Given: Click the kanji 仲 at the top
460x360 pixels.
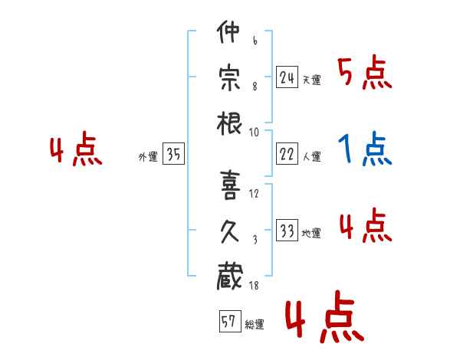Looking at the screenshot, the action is click(x=228, y=31).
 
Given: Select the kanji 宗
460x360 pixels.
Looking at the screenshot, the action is click(x=229, y=77).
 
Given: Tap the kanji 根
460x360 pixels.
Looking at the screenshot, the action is click(x=229, y=124).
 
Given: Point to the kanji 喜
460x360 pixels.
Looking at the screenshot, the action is click(x=230, y=185).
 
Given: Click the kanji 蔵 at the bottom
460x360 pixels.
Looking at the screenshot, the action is click(x=230, y=277).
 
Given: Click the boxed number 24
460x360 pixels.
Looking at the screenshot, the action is click(x=287, y=77).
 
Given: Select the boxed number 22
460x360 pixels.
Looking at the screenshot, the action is click(x=287, y=154).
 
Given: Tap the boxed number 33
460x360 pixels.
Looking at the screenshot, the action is click(x=287, y=230).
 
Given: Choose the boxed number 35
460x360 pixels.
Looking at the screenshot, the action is click(x=173, y=154).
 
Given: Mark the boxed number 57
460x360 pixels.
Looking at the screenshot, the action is click(x=230, y=321).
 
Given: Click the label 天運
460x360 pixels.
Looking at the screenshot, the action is click(x=312, y=80).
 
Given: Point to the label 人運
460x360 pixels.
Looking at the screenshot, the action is click(x=312, y=156).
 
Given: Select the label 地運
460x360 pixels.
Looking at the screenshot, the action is click(x=311, y=234).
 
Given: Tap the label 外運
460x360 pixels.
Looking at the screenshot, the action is click(x=148, y=157).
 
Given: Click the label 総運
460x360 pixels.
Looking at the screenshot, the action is click(x=255, y=325).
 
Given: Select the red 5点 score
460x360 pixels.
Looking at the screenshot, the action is click(x=365, y=72).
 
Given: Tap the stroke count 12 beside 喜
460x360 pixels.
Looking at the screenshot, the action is click(x=254, y=194).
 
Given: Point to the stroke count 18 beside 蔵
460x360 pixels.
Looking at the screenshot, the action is click(x=254, y=285).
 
